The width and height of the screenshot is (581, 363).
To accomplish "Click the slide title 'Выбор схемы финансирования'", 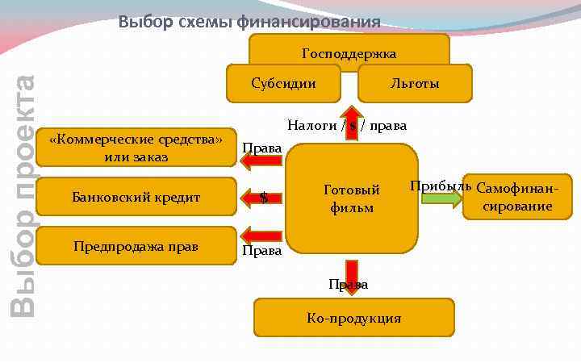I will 249,21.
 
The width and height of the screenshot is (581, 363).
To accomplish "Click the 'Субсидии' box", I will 283,83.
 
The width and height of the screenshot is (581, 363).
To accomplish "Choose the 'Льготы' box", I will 415,83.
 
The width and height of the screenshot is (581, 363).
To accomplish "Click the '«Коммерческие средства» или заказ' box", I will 136,148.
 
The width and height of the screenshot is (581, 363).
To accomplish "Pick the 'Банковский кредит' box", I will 136,197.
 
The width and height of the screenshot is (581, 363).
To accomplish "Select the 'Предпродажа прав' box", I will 136,245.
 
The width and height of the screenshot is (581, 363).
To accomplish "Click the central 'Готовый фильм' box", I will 352,198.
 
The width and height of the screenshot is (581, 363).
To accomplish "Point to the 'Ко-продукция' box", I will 353,318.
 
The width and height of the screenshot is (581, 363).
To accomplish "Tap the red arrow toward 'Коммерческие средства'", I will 261,161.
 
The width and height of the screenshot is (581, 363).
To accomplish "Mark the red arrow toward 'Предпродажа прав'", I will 261,236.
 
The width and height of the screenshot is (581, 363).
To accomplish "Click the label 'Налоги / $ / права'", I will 347,125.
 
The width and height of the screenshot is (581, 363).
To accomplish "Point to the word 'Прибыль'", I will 440,186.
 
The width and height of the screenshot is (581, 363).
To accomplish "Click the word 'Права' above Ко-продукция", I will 349,285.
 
